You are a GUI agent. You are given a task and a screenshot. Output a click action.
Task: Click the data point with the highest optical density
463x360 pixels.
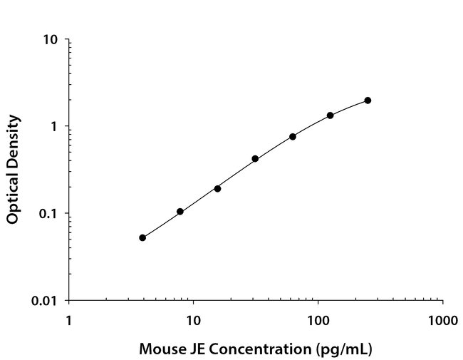click(368, 101)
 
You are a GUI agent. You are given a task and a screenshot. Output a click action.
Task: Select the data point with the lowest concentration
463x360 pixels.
click(142, 237)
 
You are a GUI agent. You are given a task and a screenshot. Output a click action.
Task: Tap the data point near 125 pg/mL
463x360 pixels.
click(330, 115)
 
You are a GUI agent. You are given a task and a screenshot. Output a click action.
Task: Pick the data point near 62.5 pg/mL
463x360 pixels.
click(293, 136)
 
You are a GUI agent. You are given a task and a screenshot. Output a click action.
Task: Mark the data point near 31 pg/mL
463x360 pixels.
click(255, 159)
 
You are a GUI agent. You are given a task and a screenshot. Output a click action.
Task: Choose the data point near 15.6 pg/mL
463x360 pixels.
click(217, 188)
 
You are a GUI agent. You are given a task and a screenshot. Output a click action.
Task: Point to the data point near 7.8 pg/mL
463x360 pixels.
click(180, 212)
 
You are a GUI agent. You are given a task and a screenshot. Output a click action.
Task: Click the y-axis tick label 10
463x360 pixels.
click(51, 39)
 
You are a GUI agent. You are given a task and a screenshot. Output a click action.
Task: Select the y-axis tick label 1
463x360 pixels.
click(54, 126)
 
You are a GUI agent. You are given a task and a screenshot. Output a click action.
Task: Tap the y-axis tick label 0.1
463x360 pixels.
click(48, 214)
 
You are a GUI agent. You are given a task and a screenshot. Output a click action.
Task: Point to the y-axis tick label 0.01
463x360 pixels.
click(46, 301)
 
